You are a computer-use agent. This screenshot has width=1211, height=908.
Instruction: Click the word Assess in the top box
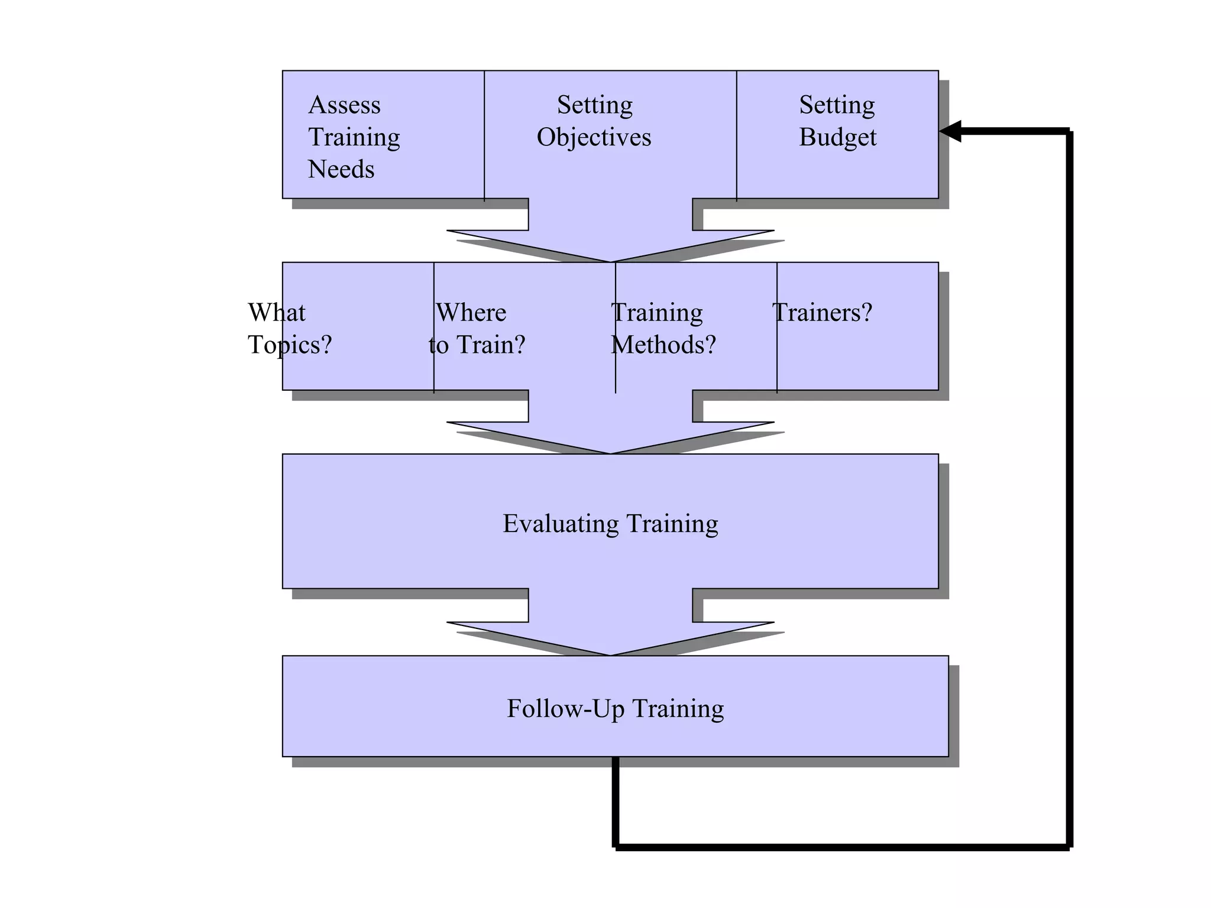pyautogui.click(x=344, y=105)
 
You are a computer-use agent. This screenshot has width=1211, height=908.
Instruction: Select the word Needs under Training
pyautogui.click(x=341, y=170)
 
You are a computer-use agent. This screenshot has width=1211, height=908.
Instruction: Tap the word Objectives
pyautogui.click(x=594, y=137)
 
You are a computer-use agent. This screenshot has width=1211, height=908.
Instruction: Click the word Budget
pyautogui.click(x=837, y=137)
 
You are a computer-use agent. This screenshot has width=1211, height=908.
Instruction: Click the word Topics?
pyautogui.click(x=290, y=345)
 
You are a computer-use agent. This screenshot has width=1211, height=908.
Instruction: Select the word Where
pyautogui.click(x=471, y=312)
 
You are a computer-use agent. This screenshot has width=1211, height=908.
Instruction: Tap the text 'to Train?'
pyautogui.click(x=477, y=345)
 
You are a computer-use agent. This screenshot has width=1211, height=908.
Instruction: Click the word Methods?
pyautogui.click(x=663, y=345)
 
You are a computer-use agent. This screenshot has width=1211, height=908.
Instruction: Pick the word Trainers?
pyautogui.click(x=822, y=312)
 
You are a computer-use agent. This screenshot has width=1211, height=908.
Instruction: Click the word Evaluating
pyautogui.click(x=561, y=524)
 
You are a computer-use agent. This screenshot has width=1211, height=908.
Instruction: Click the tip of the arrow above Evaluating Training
pyautogui.click(x=610, y=452)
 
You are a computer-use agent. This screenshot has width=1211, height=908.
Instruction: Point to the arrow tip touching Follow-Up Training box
pyautogui.click(x=610, y=654)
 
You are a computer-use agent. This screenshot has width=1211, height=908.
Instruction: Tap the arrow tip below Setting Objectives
pyautogui.click(x=610, y=261)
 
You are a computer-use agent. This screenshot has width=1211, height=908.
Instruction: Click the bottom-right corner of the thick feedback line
pyautogui.click(x=1070, y=847)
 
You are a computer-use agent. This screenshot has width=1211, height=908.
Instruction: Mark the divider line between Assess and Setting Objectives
pyautogui.click(x=484, y=136)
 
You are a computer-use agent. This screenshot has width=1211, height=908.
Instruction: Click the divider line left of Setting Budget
pyautogui.click(x=736, y=136)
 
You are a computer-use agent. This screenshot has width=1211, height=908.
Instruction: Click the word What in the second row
pyautogui.click(x=276, y=312)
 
